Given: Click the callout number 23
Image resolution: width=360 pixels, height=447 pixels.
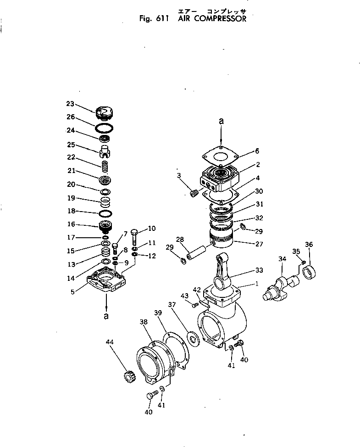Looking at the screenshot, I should point(70,103).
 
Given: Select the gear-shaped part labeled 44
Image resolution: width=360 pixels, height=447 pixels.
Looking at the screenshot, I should point(127,380).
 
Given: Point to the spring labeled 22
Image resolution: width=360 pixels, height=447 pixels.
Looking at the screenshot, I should point(105,163).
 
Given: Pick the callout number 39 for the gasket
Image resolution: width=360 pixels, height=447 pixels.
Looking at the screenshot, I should point(158,313).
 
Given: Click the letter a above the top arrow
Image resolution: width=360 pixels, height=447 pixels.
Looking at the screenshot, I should point(221,121).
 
